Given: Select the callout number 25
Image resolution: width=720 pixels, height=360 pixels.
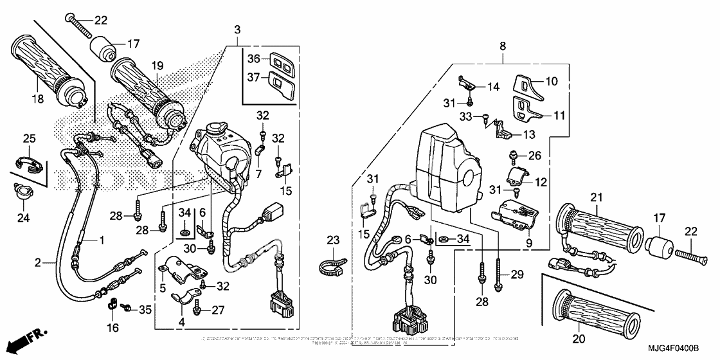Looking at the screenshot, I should coord(30,138).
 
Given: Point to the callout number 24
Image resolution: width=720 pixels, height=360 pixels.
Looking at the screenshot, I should coord(23,218).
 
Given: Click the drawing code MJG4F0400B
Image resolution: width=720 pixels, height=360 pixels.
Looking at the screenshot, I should coord(673,348).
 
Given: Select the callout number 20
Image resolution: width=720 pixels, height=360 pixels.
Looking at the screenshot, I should coord(578,338).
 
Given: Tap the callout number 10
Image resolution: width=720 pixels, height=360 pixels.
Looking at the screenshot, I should coord(552,82).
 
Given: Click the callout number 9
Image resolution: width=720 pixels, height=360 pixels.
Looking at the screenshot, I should coord(529,244).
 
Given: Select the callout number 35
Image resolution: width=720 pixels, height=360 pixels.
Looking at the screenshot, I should coord(145,310).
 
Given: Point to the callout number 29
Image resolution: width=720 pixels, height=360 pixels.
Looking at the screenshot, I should coord(517,275).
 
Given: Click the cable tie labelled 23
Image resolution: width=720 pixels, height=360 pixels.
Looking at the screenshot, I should coord(332,266).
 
